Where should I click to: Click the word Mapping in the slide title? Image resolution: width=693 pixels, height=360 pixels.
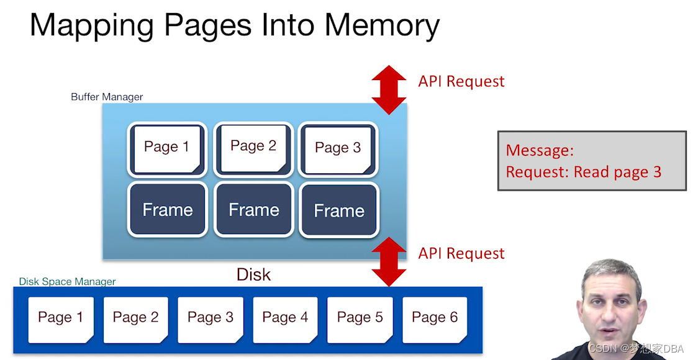coord(90,26)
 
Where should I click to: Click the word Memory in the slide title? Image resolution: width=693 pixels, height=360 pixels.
coord(382,26)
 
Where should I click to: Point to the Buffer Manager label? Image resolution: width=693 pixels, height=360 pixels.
coord(107,97)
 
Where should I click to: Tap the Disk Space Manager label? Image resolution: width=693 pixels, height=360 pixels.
coord(67,282)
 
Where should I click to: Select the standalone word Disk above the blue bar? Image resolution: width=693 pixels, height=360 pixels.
coord(253,274)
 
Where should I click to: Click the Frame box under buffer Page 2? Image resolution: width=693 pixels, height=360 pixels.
coord(253,210)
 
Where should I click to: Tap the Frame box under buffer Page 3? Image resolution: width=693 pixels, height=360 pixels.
coord(338,211)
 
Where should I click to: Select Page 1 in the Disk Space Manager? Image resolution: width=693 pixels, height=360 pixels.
coord(61,318)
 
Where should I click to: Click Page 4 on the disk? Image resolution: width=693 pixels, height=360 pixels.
coord(285,318)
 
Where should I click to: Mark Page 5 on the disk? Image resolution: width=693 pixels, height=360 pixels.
coord(360,318)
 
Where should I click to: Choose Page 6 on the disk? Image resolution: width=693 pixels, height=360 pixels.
coord(435,318)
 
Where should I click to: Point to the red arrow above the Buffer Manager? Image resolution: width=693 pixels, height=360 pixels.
coord(389,90)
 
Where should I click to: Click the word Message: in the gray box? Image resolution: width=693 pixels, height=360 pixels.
coord(540,150)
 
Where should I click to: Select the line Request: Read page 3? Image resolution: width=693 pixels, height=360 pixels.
coord(583,173)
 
